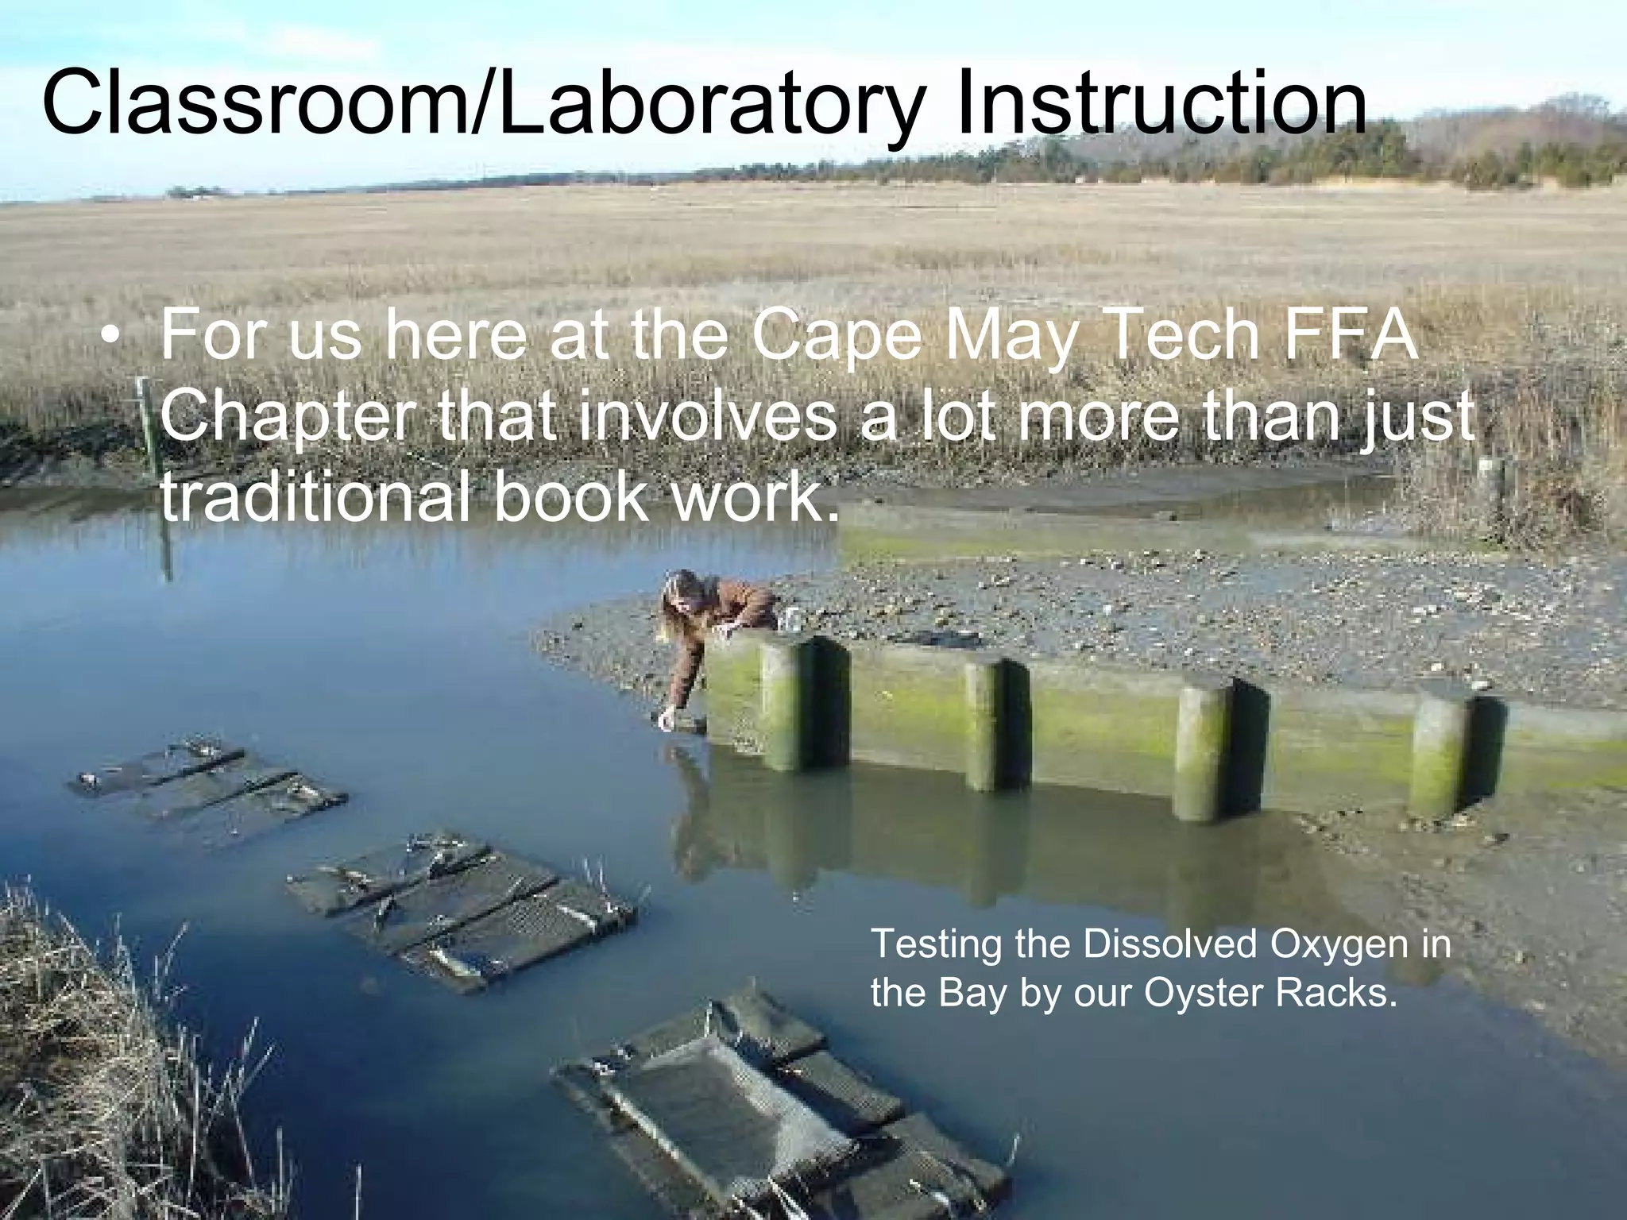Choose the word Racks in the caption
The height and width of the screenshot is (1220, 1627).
tap(1335, 993)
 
